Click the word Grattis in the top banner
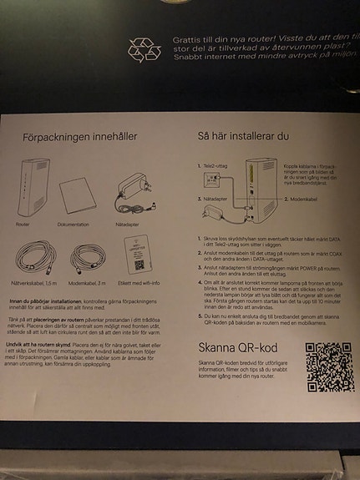185,38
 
